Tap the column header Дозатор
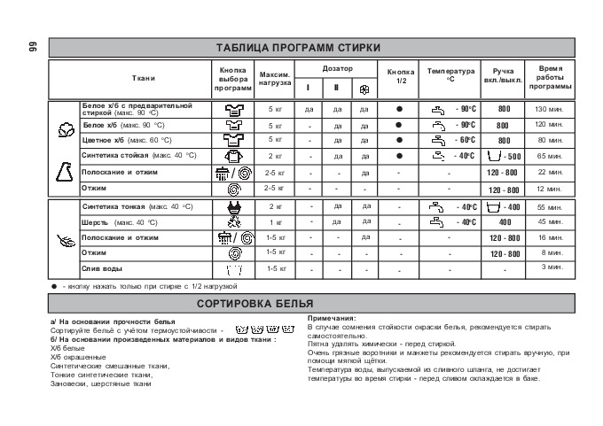click(x=337, y=68)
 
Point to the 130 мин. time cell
click(x=550, y=109)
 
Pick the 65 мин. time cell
click(x=550, y=155)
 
